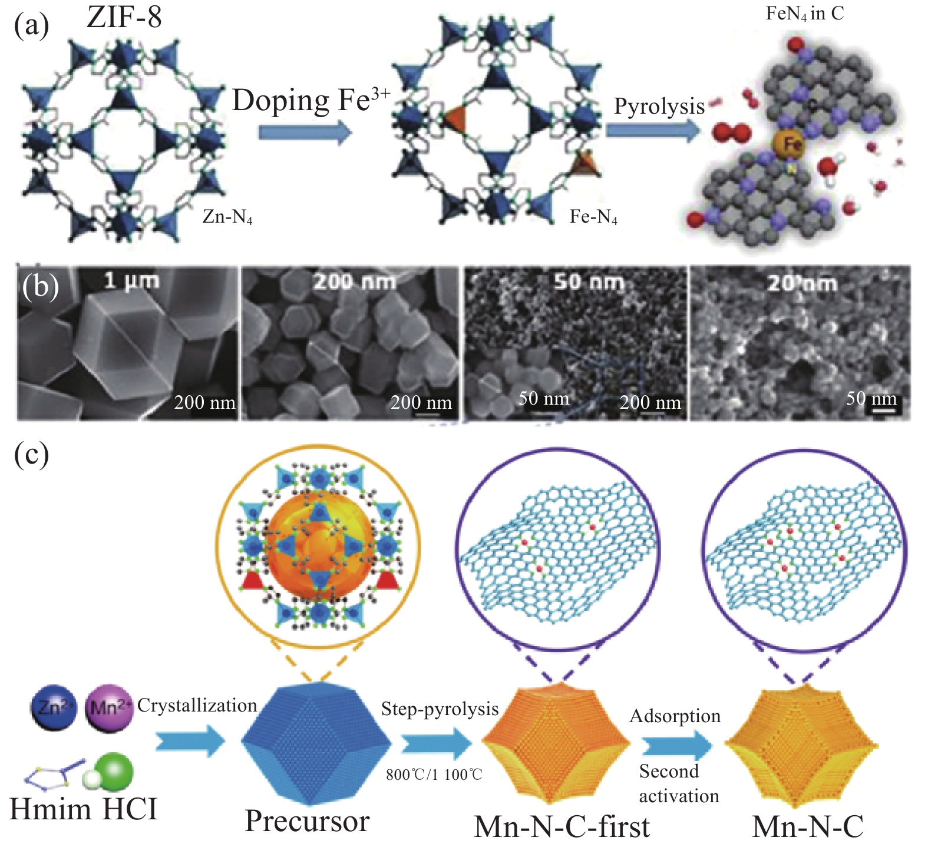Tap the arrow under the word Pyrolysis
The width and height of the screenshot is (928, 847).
pyautogui.click(x=653, y=130)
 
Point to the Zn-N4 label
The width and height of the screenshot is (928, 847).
pyautogui.click(x=227, y=217)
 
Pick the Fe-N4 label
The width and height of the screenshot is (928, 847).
pyautogui.click(x=593, y=217)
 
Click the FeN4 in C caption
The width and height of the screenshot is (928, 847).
pyautogui.click(x=805, y=14)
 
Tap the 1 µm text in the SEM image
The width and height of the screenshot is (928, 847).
pyautogui.click(x=131, y=280)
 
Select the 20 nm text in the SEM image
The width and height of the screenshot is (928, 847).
pyautogui.click(x=802, y=283)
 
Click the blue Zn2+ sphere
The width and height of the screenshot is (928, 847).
pyautogui.click(x=53, y=707)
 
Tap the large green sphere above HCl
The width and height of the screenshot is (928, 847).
pyautogui.click(x=114, y=770)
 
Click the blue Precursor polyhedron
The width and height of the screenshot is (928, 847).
pyautogui.click(x=316, y=744)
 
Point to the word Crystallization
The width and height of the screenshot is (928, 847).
pyautogui.click(x=197, y=706)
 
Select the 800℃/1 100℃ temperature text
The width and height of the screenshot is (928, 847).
pyautogui.click(x=434, y=775)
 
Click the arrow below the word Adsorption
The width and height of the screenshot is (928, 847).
pyautogui.click(x=677, y=745)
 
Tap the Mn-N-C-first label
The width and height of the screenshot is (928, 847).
pyautogui.click(x=562, y=826)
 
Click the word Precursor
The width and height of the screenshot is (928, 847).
pyautogui.click(x=307, y=820)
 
